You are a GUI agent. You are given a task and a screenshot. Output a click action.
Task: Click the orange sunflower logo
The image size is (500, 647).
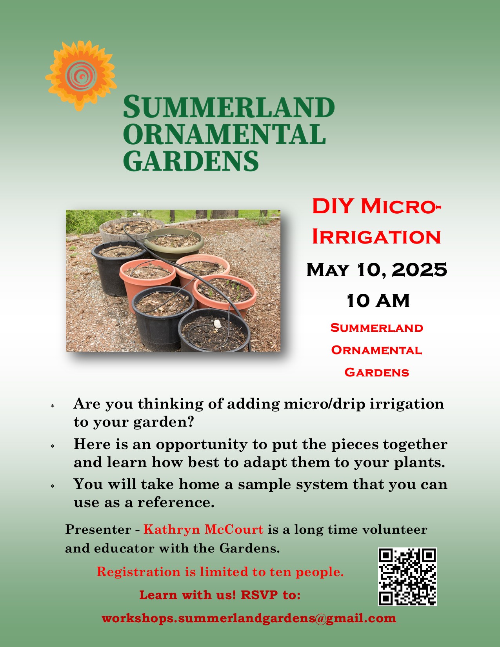(81, 76)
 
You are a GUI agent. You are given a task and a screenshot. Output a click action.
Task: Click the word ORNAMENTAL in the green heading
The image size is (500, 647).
(225, 134)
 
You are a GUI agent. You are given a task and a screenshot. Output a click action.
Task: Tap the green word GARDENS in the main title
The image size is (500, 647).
(191, 160)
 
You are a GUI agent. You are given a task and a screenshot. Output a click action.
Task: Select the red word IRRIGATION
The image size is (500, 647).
(376, 237)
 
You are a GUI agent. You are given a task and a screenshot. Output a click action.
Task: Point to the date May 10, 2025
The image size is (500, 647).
(377, 270)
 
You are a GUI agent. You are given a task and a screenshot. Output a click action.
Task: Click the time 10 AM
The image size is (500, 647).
(378, 301)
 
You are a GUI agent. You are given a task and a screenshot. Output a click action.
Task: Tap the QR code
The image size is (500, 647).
(407, 577)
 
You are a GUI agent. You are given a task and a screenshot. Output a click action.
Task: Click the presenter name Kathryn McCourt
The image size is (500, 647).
(204, 529)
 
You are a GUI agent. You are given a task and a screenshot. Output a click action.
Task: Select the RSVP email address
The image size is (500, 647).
(249, 618)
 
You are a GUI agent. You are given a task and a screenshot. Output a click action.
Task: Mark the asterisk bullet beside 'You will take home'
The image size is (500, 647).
(53, 486)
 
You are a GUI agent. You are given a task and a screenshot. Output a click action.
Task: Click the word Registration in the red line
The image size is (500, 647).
(138, 572)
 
